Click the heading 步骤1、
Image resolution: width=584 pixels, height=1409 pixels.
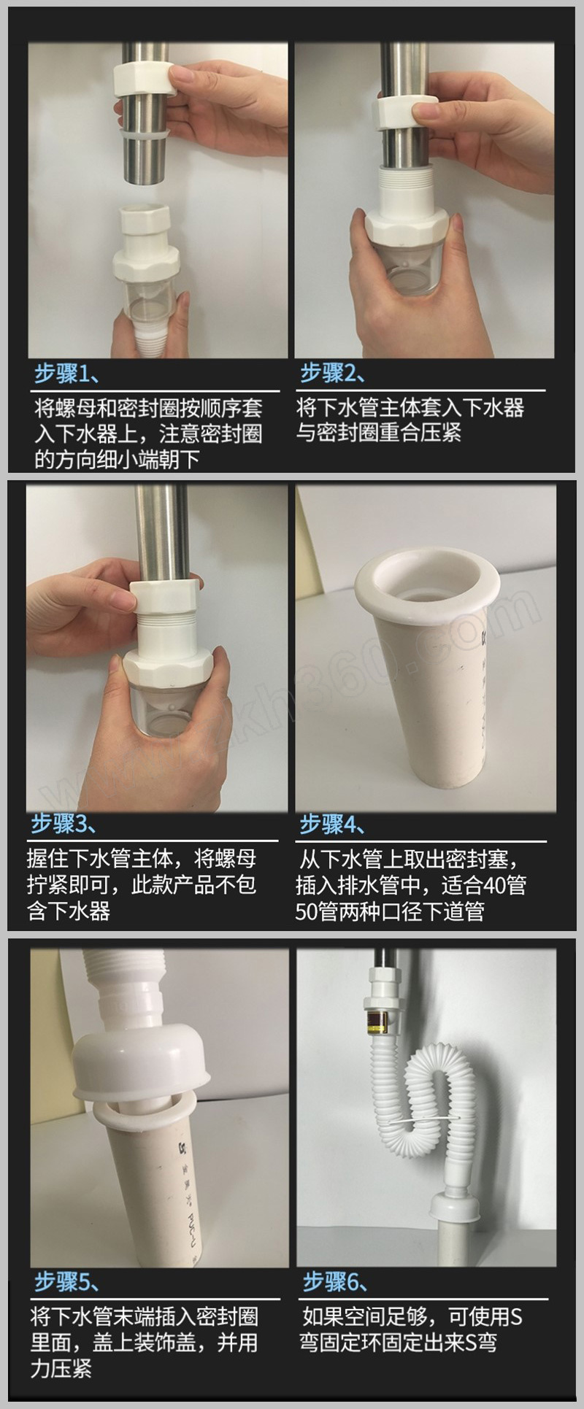[x=67, y=375]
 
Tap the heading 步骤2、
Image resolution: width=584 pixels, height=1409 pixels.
[x=333, y=374]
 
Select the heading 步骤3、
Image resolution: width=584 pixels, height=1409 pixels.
[x=64, y=824]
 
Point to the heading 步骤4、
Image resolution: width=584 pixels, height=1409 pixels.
[x=333, y=824]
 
